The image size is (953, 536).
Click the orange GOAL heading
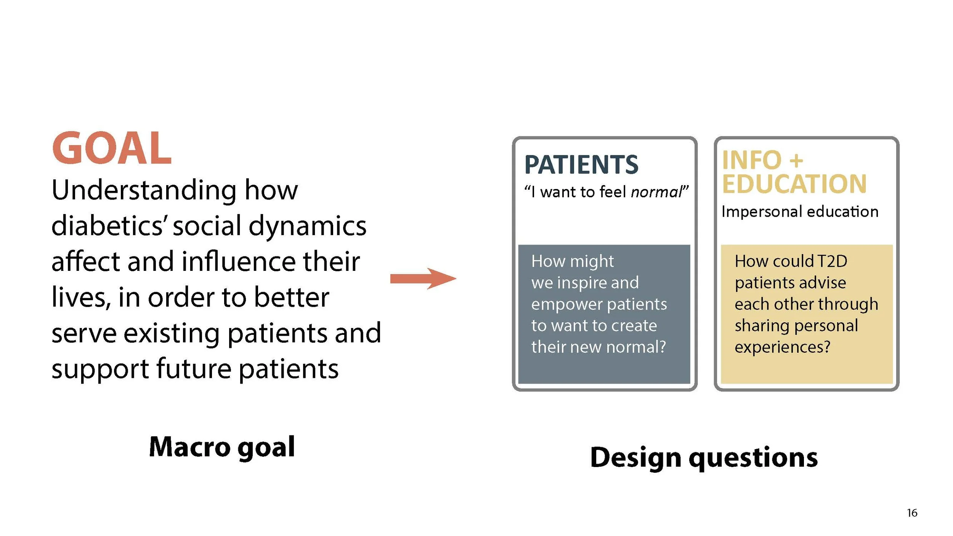point(112,148)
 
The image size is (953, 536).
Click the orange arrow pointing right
point(423,278)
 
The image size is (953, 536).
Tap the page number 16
point(912,513)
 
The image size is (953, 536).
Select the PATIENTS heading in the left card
point(581,165)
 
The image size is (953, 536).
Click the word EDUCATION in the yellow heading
point(794,184)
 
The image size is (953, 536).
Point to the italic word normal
point(656,192)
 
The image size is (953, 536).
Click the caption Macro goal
point(222,447)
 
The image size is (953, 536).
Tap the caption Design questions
point(704,458)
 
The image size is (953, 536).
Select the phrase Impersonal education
point(800,212)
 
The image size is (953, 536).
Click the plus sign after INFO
point(796,160)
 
